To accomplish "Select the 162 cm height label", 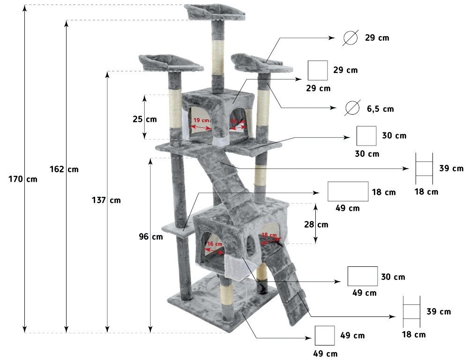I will click(x=64, y=169).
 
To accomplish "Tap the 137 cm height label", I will click(x=106, y=200).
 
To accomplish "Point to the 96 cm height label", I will click(x=150, y=237).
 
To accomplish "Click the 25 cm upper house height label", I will click(x=144, y=119).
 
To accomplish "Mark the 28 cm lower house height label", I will click(x=316, y=224).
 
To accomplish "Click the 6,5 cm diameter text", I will click(x=380, y=109).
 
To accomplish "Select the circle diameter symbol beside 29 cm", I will click(x=350, y=38).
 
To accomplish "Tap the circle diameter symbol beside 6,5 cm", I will click(x=352, y=108).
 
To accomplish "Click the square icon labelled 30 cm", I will click(x=366, y=136).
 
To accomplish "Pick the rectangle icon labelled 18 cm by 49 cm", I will click(x=348, y=191).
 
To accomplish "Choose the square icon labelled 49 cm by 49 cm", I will click(x=324, y=336).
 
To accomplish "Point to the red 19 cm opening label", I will click(x=201, y=121).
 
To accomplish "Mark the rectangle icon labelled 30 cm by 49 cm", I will click(x=363, y=276).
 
